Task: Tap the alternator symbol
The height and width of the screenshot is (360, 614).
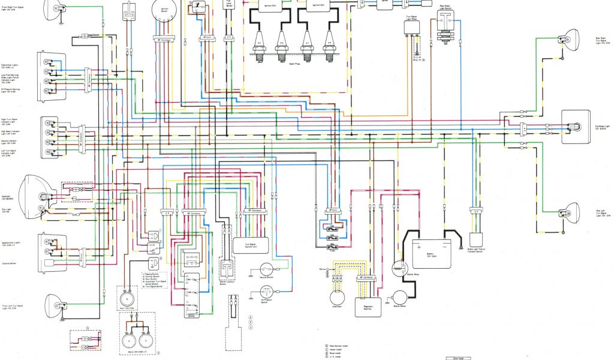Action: (337, 297)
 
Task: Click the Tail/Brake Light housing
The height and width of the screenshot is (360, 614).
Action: (575, 127)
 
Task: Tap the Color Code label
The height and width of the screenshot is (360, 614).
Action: (461, 358)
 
